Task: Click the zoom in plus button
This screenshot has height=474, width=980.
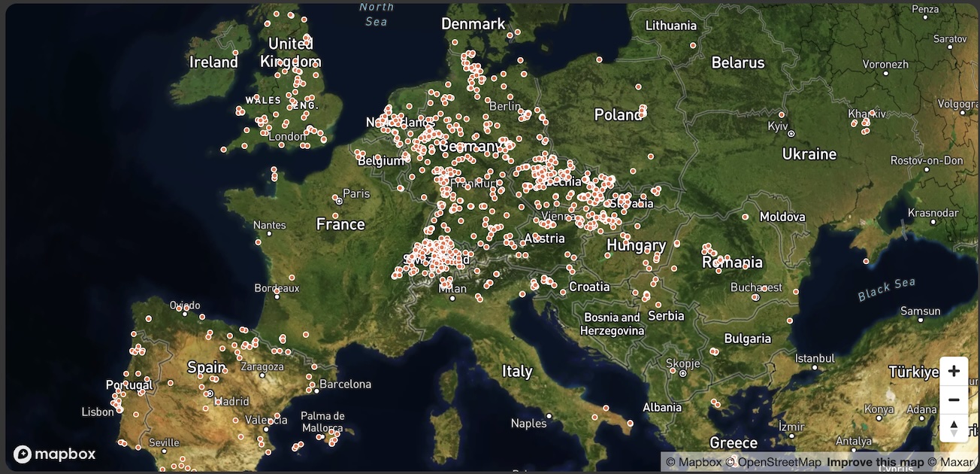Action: click(x=954, y=371)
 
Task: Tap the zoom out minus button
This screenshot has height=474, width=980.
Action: click(x=954, y=400)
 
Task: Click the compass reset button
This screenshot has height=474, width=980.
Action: click(x=954, y=428)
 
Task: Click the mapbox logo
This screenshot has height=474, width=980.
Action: click(x=55, y=454)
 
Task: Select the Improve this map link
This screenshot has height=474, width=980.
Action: click(x=876, y=463)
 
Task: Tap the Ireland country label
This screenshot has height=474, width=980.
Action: click(x=213, y=62)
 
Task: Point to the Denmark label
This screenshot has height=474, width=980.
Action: click(x=473, y=24)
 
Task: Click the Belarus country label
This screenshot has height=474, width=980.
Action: click(x=738, y=62)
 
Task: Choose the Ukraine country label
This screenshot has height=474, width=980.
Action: click(x=809, y=154)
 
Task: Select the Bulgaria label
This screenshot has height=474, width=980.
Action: click(x=748, y=339)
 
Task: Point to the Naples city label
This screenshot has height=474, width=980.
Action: click(x=529, y=424)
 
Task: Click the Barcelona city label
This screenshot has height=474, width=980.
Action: click(x=345, y=384)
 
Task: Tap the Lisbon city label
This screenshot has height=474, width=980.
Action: click(x=98, y=412)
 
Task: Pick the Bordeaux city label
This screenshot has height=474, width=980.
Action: click(x=277, y=288)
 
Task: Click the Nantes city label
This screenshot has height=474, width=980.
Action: click(x=270, y=225)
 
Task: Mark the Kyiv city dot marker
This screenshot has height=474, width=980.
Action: click(x=791, y=134)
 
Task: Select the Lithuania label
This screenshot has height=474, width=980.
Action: click(x=671, y=26)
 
